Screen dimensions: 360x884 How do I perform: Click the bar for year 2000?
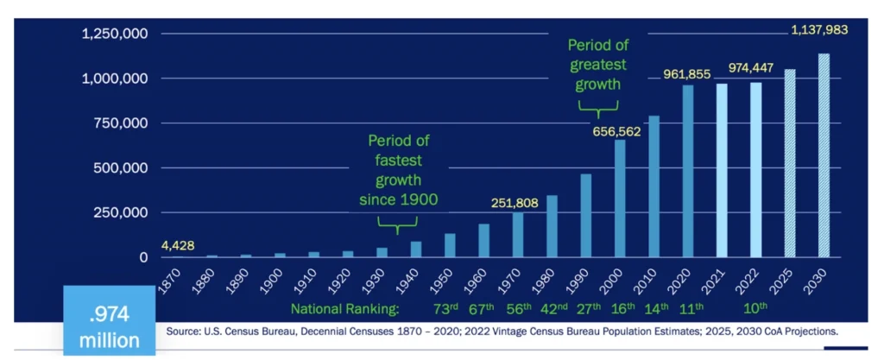tap(620, 199)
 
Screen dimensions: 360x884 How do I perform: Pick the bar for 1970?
tap(518, 235)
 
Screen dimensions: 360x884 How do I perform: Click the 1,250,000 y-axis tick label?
tap(115, 34)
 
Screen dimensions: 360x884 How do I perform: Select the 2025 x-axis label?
tap(789, 278)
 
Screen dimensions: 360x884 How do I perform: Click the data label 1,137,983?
tap(819, 29)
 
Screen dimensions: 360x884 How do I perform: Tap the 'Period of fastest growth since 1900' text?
tap(398, 170)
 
